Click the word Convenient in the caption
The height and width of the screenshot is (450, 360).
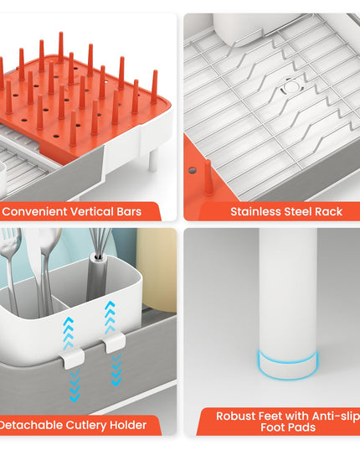34,212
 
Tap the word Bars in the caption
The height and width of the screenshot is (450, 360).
129,212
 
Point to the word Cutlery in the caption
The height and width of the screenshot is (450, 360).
86,426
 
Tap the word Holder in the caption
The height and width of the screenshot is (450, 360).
128,425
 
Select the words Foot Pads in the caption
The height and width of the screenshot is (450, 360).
288,427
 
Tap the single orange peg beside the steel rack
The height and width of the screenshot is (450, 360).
208,178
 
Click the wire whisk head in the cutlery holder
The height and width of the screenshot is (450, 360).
100,241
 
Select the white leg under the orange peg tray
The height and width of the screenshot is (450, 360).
152,160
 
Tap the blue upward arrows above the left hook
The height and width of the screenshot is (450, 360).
69,333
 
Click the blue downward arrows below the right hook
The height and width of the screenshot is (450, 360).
116,370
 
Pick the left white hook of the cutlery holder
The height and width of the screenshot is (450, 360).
72,359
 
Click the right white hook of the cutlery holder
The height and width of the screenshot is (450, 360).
114,343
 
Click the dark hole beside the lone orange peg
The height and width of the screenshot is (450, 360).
193,171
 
